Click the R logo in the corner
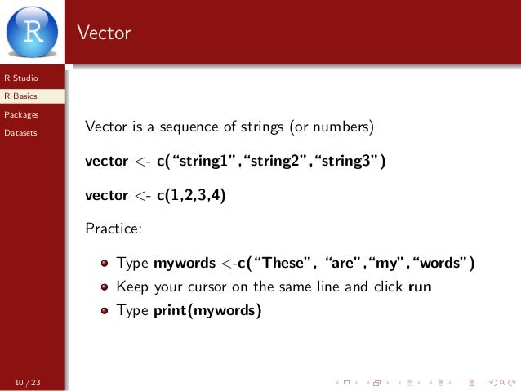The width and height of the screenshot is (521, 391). tap(32, 30)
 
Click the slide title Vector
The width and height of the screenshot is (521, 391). tap(104, 33)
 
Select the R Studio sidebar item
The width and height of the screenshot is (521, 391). tap(20, 78)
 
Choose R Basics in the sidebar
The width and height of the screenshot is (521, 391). tap(20, 96)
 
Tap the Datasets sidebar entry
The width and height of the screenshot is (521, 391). tap(20, 132)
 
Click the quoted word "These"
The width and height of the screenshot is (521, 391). tap(286, 263)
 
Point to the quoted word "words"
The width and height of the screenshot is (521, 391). tap(441, 263)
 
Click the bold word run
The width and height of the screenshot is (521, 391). tap(419, 287)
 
